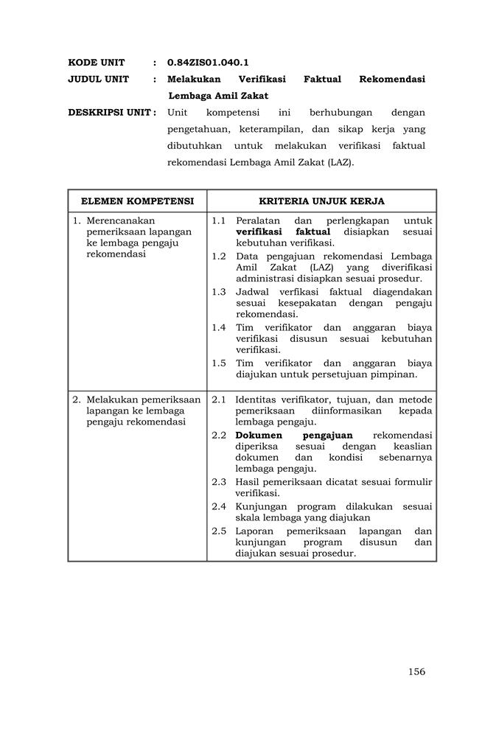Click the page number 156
point(416,671)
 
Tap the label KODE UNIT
point(97,63)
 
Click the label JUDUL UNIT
point(99,79)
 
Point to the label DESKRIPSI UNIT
point(111,113)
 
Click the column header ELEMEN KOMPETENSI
point(137,200)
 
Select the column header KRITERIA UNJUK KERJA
point(321,200)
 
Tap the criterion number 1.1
point(218,220)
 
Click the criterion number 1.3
point(218,292)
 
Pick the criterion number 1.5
point(218,363)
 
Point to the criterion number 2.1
point(218,399)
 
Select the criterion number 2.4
point(218,506)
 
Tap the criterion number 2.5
point(218,531)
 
